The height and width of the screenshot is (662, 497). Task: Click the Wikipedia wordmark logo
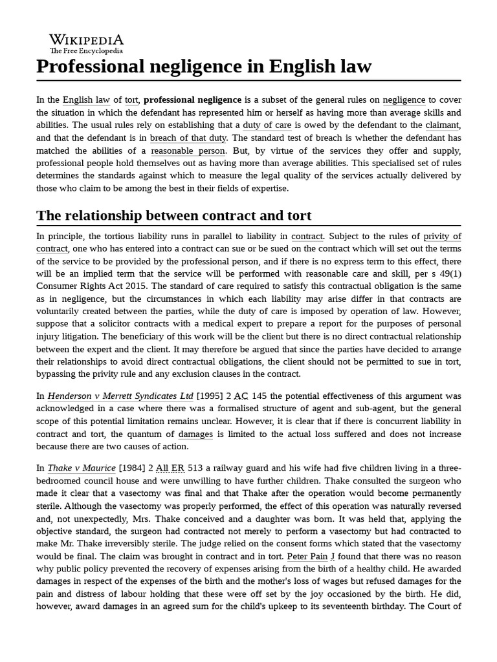86,39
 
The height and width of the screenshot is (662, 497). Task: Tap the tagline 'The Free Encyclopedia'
86,50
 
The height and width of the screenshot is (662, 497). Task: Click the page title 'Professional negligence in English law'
204,67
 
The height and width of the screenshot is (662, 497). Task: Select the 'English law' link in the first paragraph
86,100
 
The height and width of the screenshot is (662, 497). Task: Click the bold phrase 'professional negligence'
192,100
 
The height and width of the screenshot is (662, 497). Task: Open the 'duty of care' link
267,125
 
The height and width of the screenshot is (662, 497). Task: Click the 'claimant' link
443,125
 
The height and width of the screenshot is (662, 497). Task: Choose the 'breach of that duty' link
188,138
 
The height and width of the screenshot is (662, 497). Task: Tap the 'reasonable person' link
188,151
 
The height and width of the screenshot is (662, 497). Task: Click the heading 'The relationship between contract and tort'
174,215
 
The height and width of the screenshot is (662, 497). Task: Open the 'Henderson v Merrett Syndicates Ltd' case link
120,396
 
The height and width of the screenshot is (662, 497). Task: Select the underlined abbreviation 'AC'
241,396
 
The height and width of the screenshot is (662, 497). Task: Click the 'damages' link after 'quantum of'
195,434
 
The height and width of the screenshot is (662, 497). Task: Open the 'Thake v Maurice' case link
82,468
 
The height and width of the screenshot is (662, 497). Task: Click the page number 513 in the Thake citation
195,468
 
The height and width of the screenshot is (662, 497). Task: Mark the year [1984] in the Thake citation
133,468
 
